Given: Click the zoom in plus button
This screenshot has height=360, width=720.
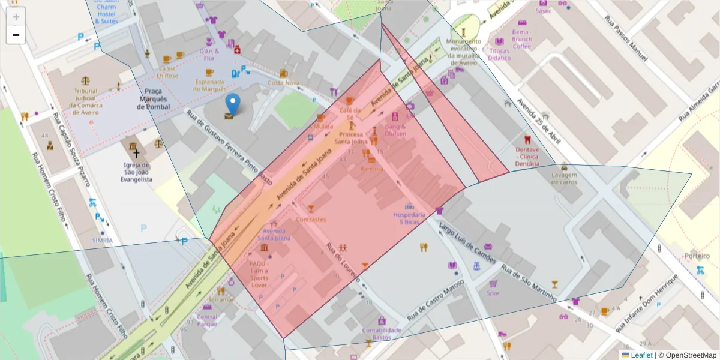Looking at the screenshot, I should tap(16, 17).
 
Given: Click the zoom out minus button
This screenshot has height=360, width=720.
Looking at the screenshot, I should tap(16, 35).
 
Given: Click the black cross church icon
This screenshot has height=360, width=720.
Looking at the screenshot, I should tap(136, 146).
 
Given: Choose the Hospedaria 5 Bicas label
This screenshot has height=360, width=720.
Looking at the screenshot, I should tap(409, 218).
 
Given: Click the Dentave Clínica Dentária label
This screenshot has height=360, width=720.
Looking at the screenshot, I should tap(527, 156).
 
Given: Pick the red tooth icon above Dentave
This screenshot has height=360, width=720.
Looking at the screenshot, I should tap(527, 139).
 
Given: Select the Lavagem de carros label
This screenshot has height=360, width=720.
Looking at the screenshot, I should tap(563, 179).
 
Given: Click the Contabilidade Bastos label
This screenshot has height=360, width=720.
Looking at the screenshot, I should tap(382, 334).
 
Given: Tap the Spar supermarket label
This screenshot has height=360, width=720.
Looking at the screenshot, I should tap(493, 293).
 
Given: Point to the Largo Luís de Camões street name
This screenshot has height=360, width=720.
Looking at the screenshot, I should tap(467, 242).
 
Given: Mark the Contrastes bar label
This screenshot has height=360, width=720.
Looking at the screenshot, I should tap(311, 220).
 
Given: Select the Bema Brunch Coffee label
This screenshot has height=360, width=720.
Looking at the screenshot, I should tap(521, 38).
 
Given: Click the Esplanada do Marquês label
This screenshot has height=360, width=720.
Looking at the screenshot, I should tap(209, 85).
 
